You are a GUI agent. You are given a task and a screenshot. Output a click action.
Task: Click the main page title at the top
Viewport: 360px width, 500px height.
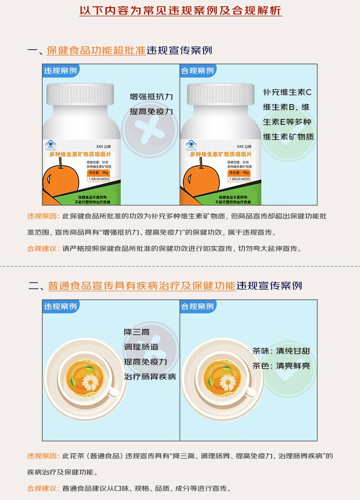click(x=180, y=11)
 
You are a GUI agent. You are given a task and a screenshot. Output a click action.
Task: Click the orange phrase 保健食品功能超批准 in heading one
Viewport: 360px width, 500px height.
click(x=96, y=50)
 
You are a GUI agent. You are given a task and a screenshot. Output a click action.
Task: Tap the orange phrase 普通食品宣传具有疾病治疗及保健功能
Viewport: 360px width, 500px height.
click(x=142, y=286)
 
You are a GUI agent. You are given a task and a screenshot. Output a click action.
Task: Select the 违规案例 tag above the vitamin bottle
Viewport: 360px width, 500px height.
click(x=60, y=71)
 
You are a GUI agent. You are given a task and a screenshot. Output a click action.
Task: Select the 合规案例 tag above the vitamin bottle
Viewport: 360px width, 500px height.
click(x=197, y=71)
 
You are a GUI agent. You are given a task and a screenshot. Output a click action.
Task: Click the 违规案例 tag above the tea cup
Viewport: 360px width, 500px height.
click(x=60, y=307)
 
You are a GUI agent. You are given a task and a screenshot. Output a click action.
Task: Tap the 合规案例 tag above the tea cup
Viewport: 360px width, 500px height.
click(x=197, y=307)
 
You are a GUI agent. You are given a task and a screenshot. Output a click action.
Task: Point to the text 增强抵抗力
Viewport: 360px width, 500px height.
click(x=151, y=97)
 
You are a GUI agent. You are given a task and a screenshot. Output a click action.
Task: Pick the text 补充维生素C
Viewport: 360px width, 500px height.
click(x=287, y=92)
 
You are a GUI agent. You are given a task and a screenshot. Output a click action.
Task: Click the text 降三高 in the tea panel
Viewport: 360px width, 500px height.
click(x=137, y=332)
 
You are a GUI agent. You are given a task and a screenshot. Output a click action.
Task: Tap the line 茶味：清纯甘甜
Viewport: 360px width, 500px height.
click(x=281, y=351)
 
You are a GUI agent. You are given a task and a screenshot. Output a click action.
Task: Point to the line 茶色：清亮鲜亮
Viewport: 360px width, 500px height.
click(x=281, y=366)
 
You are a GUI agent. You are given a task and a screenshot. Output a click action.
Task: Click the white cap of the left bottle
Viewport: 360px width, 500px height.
click(x=82, y=94)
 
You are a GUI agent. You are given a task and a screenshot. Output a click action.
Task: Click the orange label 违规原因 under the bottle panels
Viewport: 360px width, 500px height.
click(x=43, y=216)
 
